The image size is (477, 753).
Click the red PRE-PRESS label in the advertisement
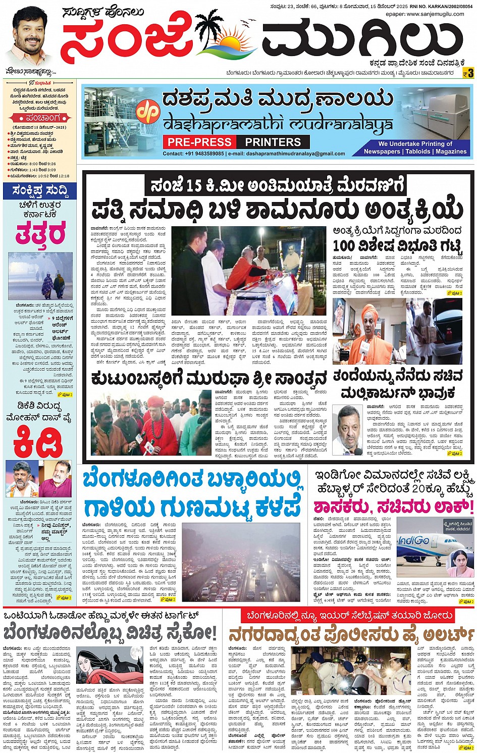tap(200, 142)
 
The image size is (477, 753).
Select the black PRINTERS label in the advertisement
tap(273, 142)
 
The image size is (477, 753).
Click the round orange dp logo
tap(150, 111)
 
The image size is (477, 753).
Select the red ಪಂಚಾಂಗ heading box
tap(40, 118)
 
